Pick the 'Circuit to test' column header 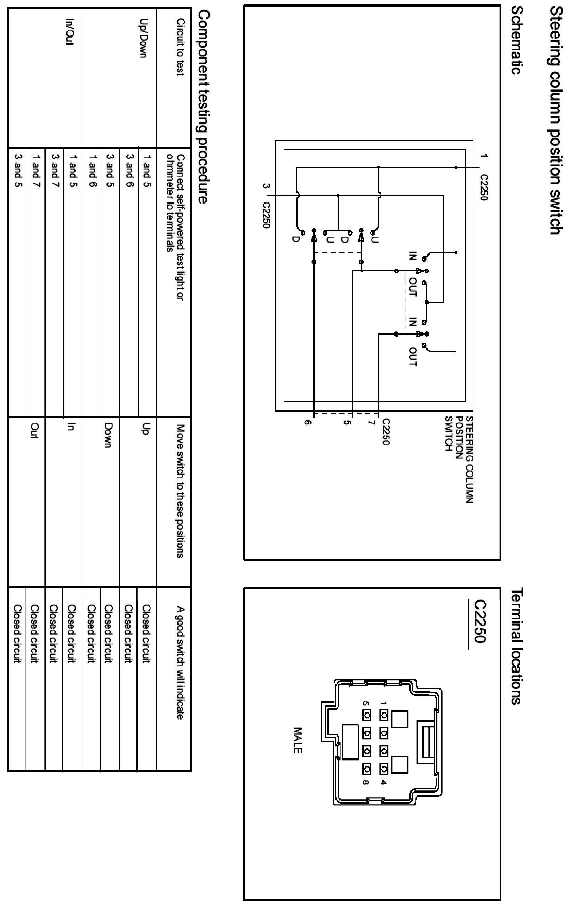(x=180, y=47)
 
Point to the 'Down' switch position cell (x=108, y=435)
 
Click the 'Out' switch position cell (x=34, y=430)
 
